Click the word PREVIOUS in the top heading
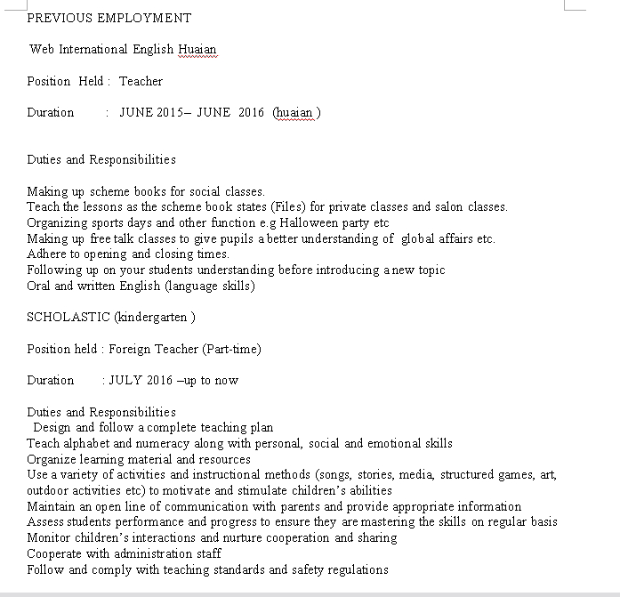tap(57, 18)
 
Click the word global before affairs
tap(418, 238)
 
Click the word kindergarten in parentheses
tap(154, 317)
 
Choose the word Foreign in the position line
tap(130, 349)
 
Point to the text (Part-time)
tap(231, 349)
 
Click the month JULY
tap(125, 380)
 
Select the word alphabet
tap(85, 443)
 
